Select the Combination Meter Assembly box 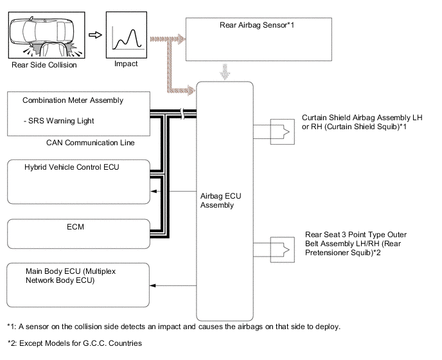76,113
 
